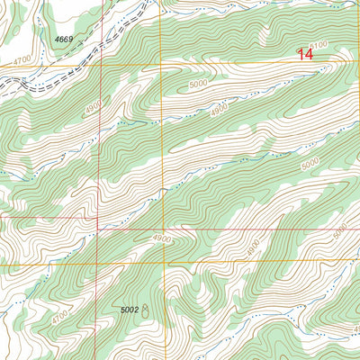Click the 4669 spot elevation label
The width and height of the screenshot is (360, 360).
[x=63, y=40]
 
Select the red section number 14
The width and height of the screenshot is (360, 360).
[x=307, y=54]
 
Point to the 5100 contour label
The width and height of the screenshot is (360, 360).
[x=318, y=45]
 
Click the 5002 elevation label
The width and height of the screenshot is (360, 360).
[x=129, y=310]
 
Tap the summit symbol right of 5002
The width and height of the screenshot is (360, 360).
[x=147, y=310]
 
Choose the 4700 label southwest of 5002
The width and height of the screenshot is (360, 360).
[x=60, y=318]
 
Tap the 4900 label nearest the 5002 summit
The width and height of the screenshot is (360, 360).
[x=161, y=238]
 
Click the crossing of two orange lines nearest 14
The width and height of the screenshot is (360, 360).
[x=162, y=66]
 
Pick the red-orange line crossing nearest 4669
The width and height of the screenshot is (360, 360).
[x=99, y=66]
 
